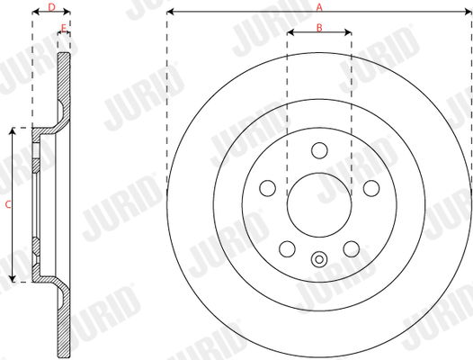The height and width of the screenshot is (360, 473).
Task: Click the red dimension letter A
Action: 319,6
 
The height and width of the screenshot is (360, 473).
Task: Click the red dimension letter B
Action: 319,28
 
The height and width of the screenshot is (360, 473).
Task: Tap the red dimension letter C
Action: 8,205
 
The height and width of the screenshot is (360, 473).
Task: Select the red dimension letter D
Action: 52,7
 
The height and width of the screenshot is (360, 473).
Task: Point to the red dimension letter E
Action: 63,28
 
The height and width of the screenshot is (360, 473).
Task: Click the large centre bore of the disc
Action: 319,205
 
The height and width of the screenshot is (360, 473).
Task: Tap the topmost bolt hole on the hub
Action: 319,150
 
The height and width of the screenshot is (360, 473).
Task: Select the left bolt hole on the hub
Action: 268,188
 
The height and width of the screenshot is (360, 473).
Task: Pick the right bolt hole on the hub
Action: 371,188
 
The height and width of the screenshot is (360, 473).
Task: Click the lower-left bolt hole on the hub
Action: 287,249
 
